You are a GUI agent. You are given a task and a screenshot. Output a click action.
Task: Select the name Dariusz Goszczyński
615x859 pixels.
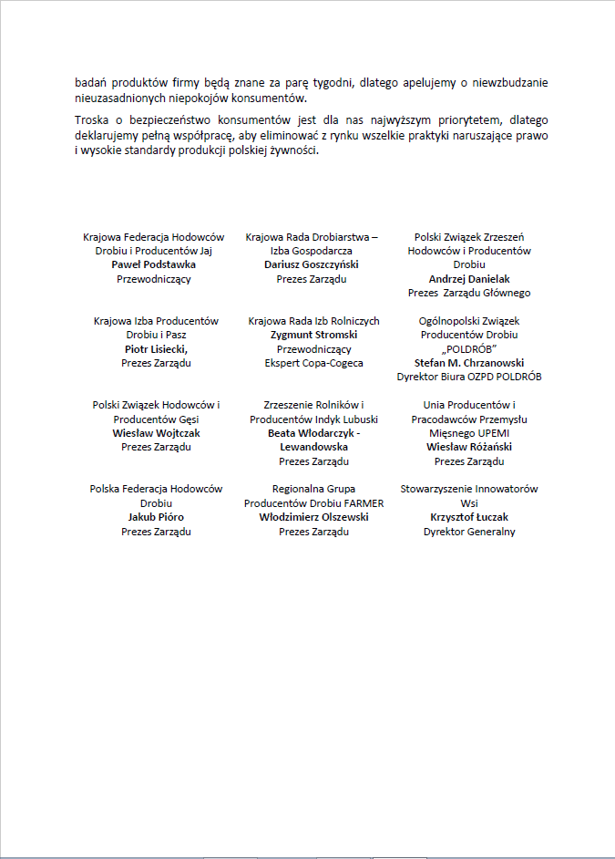coord(313,264)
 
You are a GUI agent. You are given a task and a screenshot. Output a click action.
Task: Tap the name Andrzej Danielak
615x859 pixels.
coord(469,279)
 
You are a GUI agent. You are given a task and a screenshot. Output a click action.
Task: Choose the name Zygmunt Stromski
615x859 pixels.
coord(313,335)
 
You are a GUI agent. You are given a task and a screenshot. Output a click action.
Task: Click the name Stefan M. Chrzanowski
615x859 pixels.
coord(469,362)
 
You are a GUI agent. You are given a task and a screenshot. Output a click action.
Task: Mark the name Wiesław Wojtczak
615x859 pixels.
coord(156,433)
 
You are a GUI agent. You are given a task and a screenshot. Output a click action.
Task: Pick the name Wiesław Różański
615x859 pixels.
coord(469,447)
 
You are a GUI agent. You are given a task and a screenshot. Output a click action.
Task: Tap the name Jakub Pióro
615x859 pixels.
coord(156,517)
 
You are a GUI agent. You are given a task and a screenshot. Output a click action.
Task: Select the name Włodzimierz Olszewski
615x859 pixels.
coord(313,517)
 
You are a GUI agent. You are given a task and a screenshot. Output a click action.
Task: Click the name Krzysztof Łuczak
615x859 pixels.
coord(469,517)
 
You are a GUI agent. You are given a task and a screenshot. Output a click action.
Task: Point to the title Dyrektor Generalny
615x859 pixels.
coord(469,532)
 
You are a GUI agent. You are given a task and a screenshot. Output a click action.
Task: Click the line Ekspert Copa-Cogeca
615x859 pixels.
coord(313,363)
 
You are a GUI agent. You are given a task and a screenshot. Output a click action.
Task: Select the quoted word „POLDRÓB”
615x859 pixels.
coord(469,348)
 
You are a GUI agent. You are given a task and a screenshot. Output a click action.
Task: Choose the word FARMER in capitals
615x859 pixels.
coord(364,503)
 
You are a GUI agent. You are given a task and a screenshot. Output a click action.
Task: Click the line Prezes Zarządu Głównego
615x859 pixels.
coord(469,293)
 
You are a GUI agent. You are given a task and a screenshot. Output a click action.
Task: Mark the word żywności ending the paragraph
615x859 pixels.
coord(292,150)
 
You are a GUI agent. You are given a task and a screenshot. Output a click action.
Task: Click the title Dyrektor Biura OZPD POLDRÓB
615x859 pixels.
coord(469,377)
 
